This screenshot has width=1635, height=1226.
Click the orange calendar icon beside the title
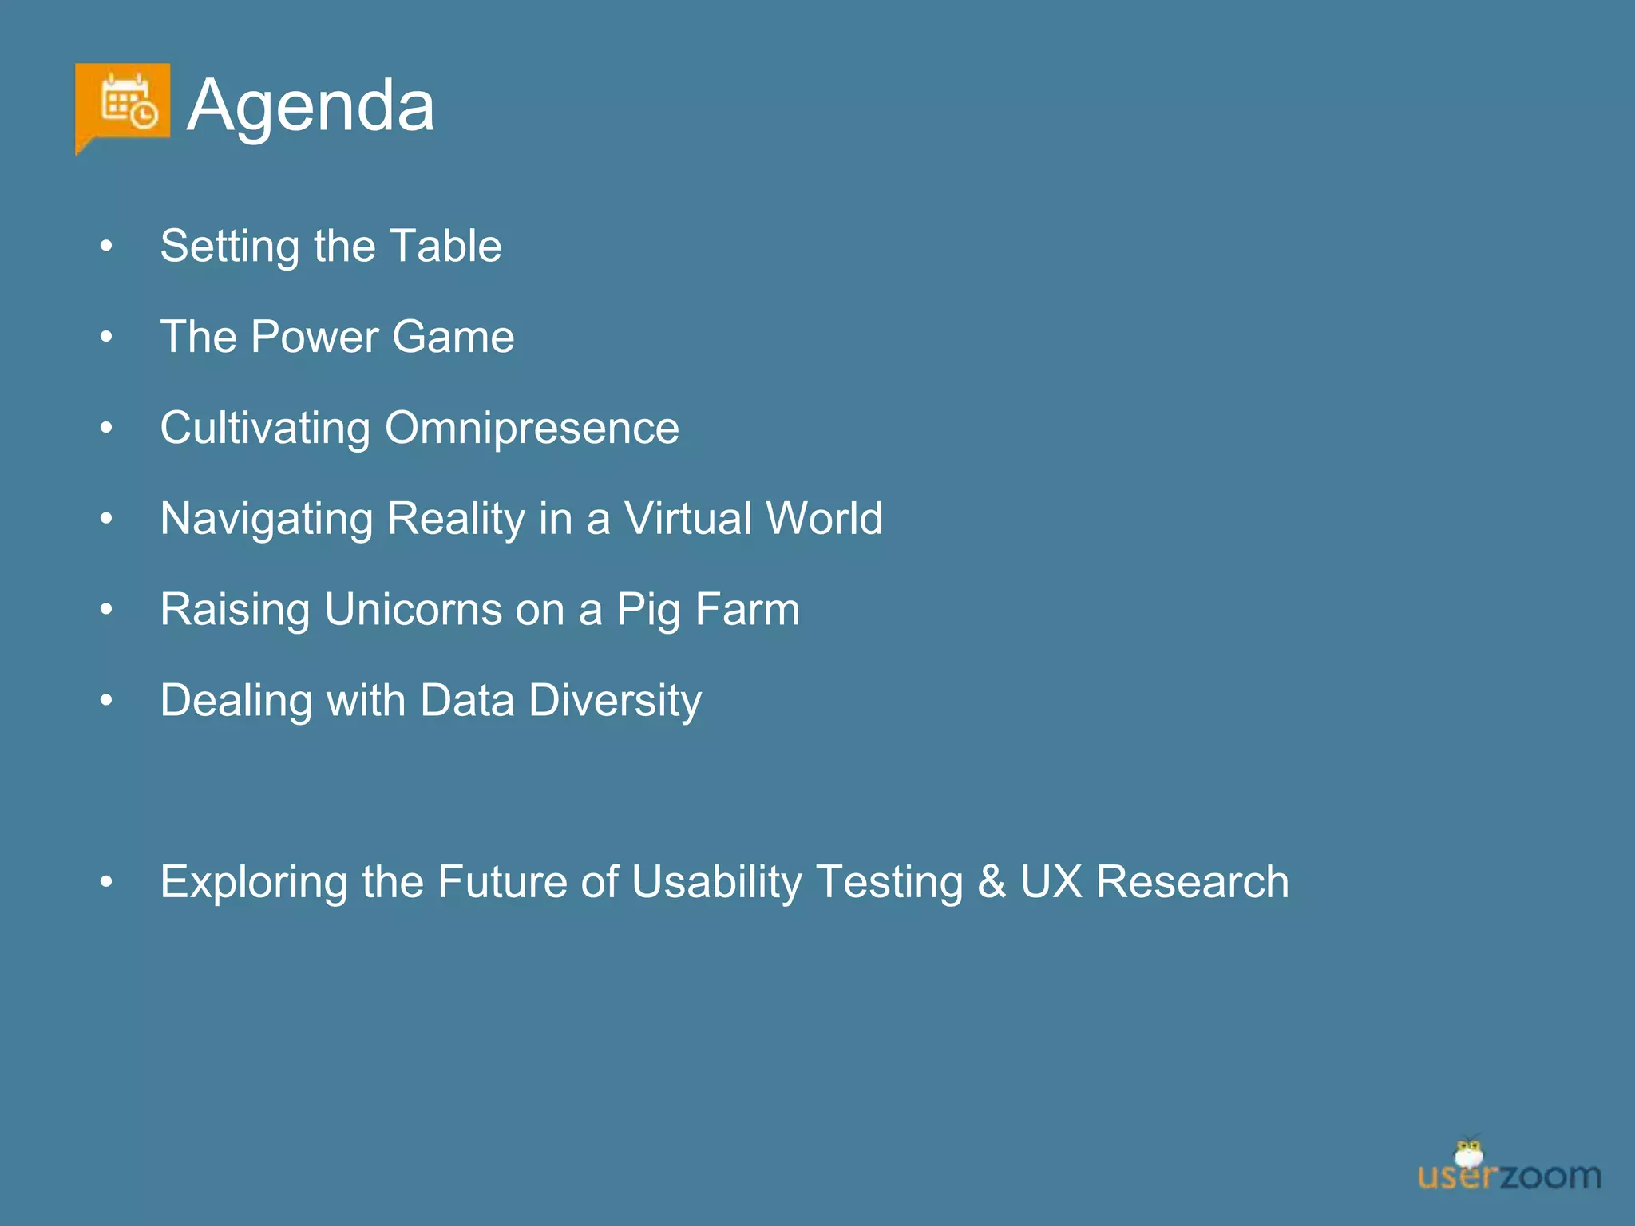123,105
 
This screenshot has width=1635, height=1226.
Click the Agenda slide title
311,105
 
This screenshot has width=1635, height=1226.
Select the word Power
315,337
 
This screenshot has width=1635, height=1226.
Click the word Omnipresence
532,428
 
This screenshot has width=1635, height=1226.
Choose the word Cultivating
265,428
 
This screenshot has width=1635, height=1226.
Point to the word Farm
747,610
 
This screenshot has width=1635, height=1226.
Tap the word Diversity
615,701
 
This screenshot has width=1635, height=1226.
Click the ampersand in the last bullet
991,882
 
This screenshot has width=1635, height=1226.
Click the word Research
1192,882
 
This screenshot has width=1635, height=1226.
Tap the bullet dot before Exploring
106,882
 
